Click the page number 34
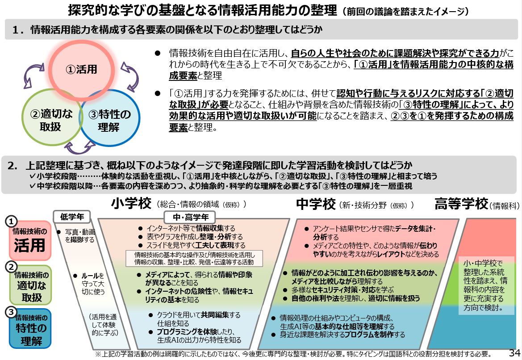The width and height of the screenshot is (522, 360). pos(514,353)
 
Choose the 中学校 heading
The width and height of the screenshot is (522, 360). pos(315,205)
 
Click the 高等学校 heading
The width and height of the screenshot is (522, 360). pos(461,205)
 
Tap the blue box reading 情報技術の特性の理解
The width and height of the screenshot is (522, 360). pos(30,330)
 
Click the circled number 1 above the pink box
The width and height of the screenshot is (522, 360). pos(13,221)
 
